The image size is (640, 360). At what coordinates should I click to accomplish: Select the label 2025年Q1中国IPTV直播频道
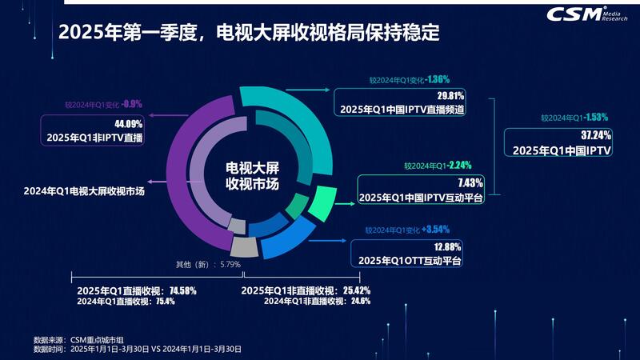403,109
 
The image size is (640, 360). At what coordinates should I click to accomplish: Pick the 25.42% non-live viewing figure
352,290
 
